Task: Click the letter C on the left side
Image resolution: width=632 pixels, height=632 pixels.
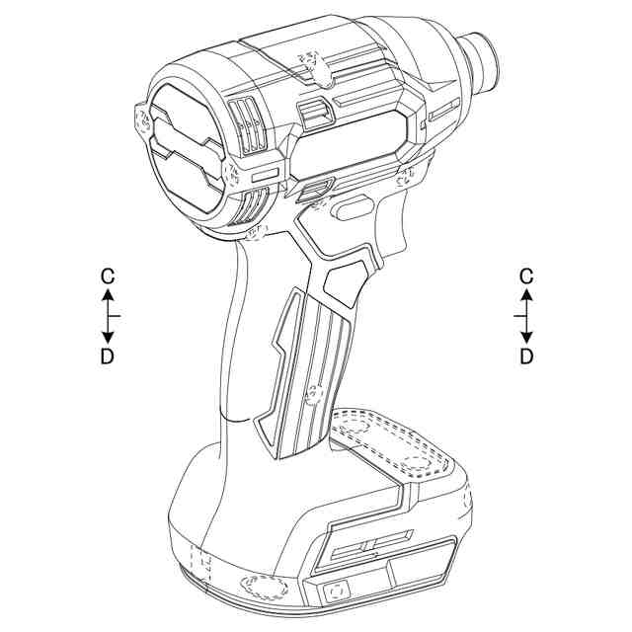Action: pos(108,276)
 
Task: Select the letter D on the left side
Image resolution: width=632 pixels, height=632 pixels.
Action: pos(108,356)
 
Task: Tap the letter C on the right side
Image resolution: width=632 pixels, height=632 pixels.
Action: pos(526,276)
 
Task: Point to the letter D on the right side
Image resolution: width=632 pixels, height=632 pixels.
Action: pos(526,356)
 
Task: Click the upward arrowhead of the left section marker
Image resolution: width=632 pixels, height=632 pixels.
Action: pos(108,295)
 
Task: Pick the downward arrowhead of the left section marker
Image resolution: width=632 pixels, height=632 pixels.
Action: pos(108,338)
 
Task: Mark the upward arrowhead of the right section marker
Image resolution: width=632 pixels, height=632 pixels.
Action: pos(526,295)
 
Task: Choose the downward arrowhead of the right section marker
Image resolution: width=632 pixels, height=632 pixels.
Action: pos(526,338)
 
